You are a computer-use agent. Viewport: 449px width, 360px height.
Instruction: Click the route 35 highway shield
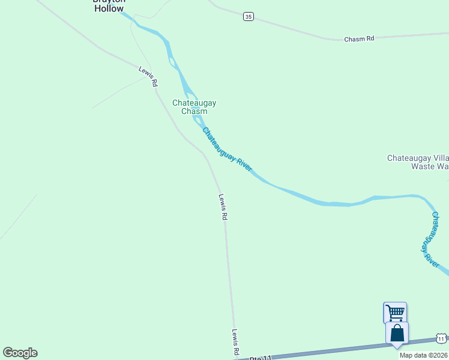click(x=249, y=17)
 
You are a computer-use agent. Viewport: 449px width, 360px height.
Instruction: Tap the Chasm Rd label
click(x=359, y=38)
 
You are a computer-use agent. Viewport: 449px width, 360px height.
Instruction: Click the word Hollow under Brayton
click(x=108, y=9)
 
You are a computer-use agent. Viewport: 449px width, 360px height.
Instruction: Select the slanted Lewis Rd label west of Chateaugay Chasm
click(x=148, y=76)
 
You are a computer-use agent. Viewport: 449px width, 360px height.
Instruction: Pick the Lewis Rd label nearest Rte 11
click(x=237, y=342)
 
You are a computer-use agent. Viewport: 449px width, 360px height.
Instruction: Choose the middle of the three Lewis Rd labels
click(x=223, y=207)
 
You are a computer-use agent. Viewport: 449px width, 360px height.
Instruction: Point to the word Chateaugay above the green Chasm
click(x=194, y=103)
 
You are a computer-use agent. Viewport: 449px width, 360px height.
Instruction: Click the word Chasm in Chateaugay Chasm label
click(x=194, y=112)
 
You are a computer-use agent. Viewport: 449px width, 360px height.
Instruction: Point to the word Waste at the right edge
click(x=423, y=167)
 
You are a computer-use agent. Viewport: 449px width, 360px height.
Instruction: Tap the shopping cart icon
click(x=394, y=312)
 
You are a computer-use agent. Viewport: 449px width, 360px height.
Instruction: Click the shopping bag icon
click(x=397, y=333)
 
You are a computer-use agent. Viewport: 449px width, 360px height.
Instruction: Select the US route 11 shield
click(x=441, y=339)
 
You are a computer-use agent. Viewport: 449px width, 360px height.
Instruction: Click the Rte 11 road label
click(x=261, y=358)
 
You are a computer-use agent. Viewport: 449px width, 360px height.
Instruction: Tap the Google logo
click(x=20, y=353)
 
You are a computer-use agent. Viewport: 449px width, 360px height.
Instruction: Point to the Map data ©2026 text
click(x=423, y=355)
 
